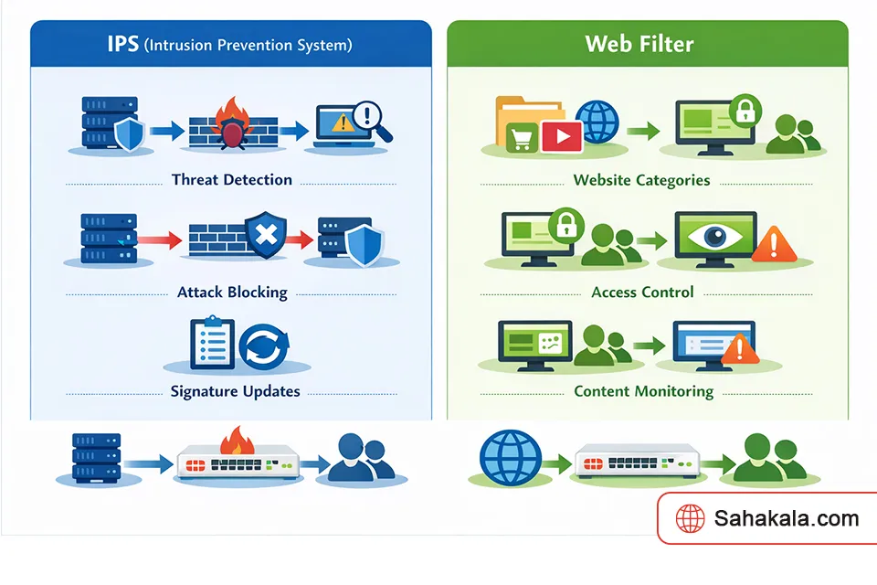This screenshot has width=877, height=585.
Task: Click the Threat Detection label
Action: [x=232, y=180]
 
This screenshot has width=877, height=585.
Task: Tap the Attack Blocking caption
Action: [x=232, y=292]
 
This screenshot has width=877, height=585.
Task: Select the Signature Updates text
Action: [x=235, y=391]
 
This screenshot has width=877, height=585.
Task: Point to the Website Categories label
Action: [x=641, y=180]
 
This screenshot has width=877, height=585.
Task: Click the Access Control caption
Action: [x=642, y=292]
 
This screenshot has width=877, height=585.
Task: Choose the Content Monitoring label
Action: [x=643, y=391]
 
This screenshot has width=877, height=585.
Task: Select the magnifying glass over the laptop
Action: [x=371, y=120]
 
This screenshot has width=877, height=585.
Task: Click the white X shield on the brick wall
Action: [x=265, y=236]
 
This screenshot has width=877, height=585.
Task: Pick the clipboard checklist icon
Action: [x=211, y=343]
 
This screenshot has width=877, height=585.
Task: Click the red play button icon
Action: [x=561, y=137]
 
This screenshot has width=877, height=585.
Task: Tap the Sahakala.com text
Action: [x=786, y=519]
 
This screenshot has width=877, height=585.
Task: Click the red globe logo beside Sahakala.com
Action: [x=690, y=519]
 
